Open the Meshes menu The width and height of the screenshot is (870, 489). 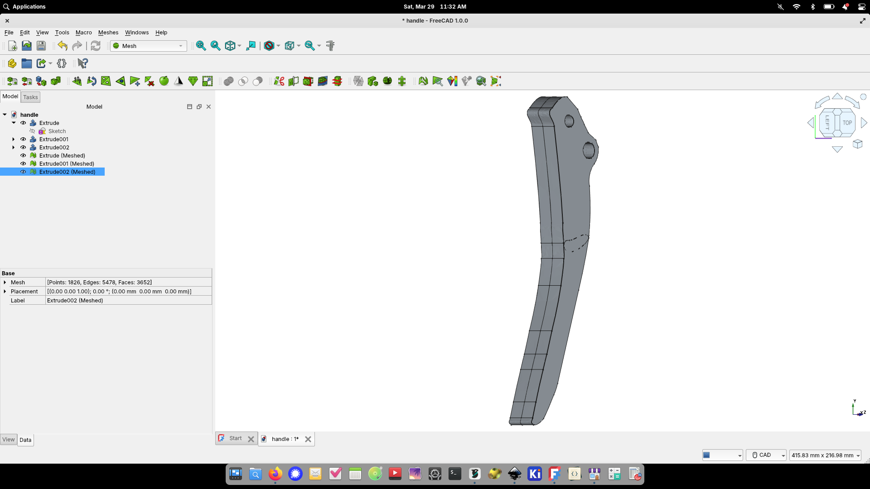point(108,33)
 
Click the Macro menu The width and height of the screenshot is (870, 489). point(83,33)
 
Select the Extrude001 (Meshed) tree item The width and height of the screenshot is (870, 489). point(67,164)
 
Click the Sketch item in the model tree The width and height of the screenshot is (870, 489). point(57,131)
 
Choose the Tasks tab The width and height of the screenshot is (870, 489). point(30,97)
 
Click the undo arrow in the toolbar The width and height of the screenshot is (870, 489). point(63,46)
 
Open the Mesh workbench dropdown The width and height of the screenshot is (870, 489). point(149,46)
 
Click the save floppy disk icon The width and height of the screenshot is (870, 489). point(41,46)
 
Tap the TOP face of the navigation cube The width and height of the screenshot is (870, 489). point(847,123)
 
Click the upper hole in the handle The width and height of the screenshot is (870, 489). point(569,121)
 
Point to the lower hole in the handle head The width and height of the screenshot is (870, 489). point(589,150)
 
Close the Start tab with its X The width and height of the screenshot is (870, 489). point(251,439)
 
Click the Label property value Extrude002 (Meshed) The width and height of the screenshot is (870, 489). point(129,301)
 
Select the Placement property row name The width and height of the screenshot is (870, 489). point(24,292)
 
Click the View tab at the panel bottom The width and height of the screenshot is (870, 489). point(9,440)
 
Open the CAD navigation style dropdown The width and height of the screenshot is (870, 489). point(766,455)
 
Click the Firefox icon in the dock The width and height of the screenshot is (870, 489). point(275,474)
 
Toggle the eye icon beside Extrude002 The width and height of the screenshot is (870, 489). point(23,148)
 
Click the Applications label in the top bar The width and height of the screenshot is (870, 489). point(29,7)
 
